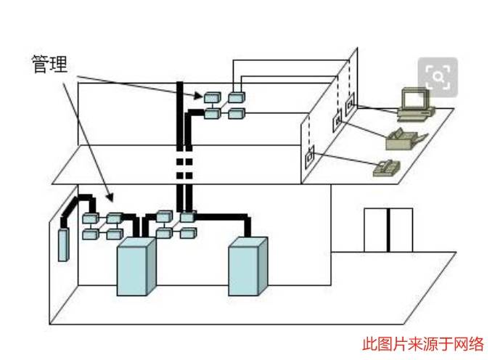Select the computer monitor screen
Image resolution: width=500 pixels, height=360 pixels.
[x=415, y=99]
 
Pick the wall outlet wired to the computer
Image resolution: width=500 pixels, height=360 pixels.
[x=350, y=104]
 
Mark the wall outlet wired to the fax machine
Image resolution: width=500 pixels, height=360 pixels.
[x=337, y=123]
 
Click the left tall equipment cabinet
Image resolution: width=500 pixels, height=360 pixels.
[x=136, y=266]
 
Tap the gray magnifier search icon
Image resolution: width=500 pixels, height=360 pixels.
[x=438, y=75]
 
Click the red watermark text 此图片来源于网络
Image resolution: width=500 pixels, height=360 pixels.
[x=423, y=344]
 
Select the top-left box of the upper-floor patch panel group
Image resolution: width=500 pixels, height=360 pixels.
[x=212, y=97]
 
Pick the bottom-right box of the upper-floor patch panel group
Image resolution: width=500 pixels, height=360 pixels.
[x=236, y=113]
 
